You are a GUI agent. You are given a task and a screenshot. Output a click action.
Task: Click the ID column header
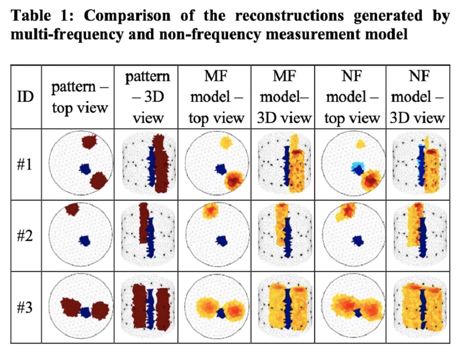point(26,96)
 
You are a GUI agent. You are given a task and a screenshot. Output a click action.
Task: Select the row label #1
point(25,164)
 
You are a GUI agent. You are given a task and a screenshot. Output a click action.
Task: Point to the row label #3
point(25,307)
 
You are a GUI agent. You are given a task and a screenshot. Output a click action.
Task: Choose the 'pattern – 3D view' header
point(147,97)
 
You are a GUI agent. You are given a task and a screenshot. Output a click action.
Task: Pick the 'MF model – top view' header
point(216,97)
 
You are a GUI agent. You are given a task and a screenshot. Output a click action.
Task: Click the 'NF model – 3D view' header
point(417,97)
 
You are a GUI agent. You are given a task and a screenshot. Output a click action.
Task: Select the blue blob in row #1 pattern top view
point(85,169)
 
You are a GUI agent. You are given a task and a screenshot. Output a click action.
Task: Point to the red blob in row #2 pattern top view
point(72,209)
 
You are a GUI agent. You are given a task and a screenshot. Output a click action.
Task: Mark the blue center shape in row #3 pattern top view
point(86,312)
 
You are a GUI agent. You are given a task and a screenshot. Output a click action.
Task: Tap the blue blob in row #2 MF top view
point(222,240)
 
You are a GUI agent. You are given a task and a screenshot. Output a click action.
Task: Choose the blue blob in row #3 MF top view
point(222,313)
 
